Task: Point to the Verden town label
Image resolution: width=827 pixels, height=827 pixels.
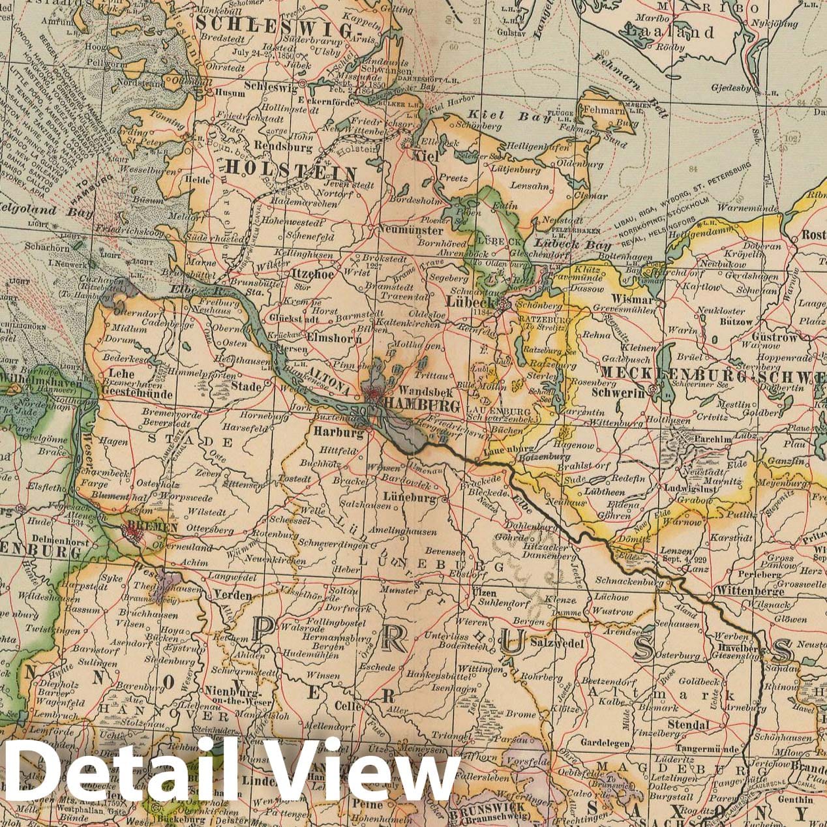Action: [232, 595]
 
